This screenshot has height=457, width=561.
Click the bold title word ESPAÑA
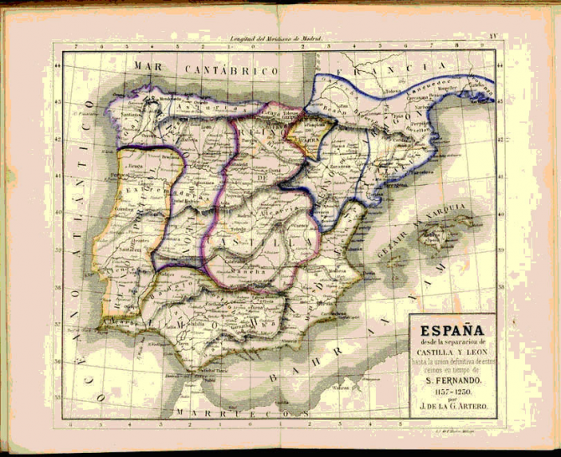[450, 330]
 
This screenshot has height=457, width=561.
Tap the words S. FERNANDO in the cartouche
[451, 380]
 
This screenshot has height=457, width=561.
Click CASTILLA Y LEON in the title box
[451, 354]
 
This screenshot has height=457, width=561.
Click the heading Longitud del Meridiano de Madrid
[275, 40]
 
